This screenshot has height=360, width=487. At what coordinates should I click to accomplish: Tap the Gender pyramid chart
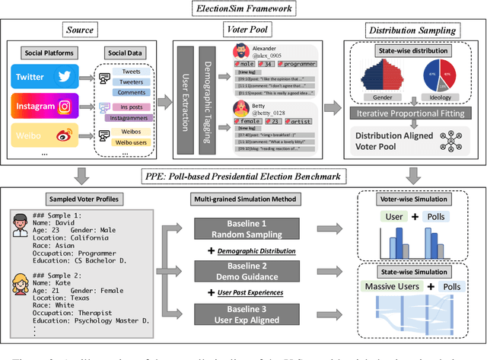tap(383, 77)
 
